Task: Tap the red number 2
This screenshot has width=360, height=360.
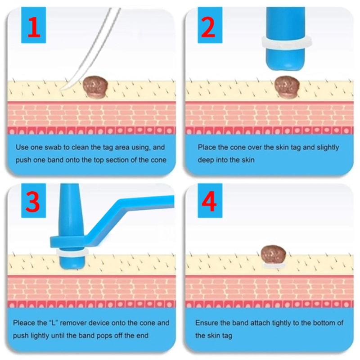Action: tap(208, 27)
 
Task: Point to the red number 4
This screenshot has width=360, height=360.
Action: tap(208, 203)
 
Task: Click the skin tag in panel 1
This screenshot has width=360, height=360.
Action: tap(95, 85)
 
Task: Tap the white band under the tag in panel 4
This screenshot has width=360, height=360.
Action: tap(273, 266)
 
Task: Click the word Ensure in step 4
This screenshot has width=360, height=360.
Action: tap(206, 323)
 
